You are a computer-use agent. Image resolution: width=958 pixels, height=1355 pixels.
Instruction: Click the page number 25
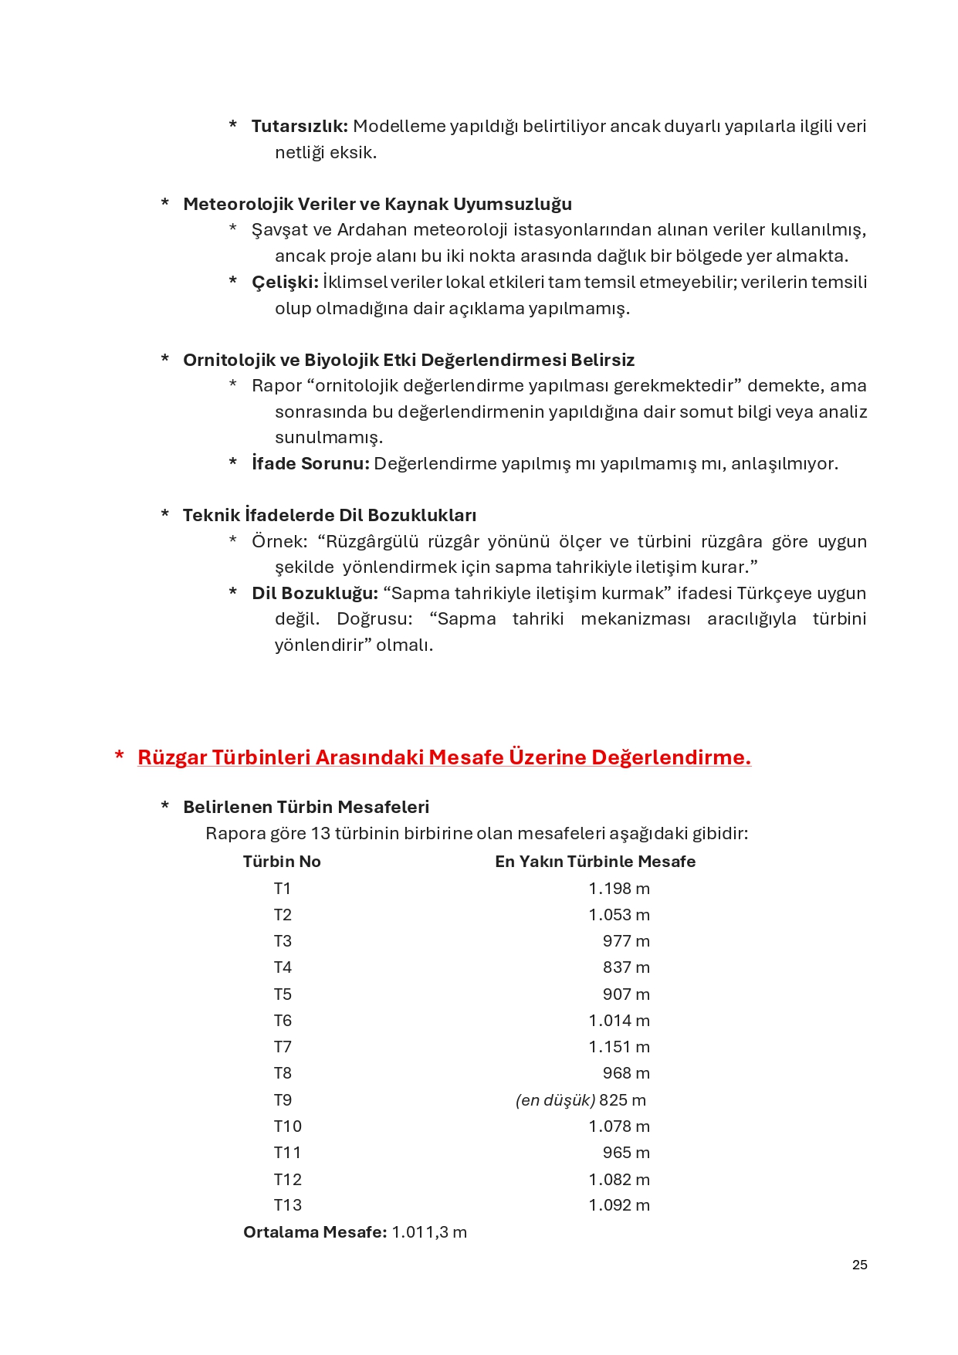point(859,1265)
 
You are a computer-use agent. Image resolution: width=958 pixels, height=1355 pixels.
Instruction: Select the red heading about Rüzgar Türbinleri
point(444,757)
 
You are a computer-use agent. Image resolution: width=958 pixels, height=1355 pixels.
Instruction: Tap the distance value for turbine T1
point(618,889)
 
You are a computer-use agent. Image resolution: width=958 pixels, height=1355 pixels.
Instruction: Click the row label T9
point(283,1100)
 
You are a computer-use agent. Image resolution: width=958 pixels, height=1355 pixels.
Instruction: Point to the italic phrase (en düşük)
point(555,1100)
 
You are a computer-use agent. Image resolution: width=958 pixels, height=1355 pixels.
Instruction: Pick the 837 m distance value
point(625,967)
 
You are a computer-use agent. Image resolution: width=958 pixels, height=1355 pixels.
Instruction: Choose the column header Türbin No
point(282,862)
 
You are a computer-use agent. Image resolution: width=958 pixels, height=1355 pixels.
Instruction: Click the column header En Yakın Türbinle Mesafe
point(594,862)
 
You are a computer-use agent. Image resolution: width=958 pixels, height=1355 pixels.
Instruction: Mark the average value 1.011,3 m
point(428,1232)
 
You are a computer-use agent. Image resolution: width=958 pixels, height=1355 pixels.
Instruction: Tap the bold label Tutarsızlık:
point(300,127)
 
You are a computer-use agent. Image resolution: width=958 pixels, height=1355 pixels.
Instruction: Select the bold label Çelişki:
point(285,283)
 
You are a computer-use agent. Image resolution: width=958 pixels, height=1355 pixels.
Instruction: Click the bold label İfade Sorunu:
point(310,464)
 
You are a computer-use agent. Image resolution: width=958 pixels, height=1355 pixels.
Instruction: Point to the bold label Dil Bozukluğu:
point(314,594)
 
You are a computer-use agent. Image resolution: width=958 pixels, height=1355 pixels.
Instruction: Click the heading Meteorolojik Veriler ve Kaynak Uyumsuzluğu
point(377,205)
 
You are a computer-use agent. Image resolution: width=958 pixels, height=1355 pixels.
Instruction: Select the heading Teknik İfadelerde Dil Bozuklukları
point(329,516)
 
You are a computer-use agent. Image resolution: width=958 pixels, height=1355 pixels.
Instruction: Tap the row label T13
point(287,1205)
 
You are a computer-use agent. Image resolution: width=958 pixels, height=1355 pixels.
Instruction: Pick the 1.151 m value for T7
point(618,1047)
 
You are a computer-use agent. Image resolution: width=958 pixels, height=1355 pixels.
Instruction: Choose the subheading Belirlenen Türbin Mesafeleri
point(306,808)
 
